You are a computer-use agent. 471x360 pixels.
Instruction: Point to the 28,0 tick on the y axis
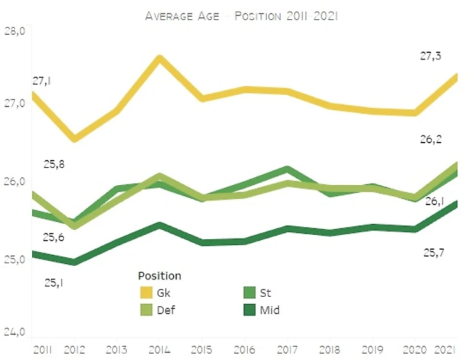point(14,31)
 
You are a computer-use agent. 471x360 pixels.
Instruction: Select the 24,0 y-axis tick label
point(14,332)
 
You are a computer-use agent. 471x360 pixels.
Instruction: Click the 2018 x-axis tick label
point(329,348)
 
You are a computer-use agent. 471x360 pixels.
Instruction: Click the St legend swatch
point(249,293)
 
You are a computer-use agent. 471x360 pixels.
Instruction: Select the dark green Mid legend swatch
point(249,310)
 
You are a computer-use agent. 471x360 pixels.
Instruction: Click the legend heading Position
point(159,275)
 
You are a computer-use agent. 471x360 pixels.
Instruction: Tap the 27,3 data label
point(431,57)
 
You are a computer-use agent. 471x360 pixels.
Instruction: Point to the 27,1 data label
point(42,81)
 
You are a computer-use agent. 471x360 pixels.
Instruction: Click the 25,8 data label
point(54,164)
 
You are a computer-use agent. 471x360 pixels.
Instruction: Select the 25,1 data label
point(54,281)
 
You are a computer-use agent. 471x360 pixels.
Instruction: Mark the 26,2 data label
point(431,139)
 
